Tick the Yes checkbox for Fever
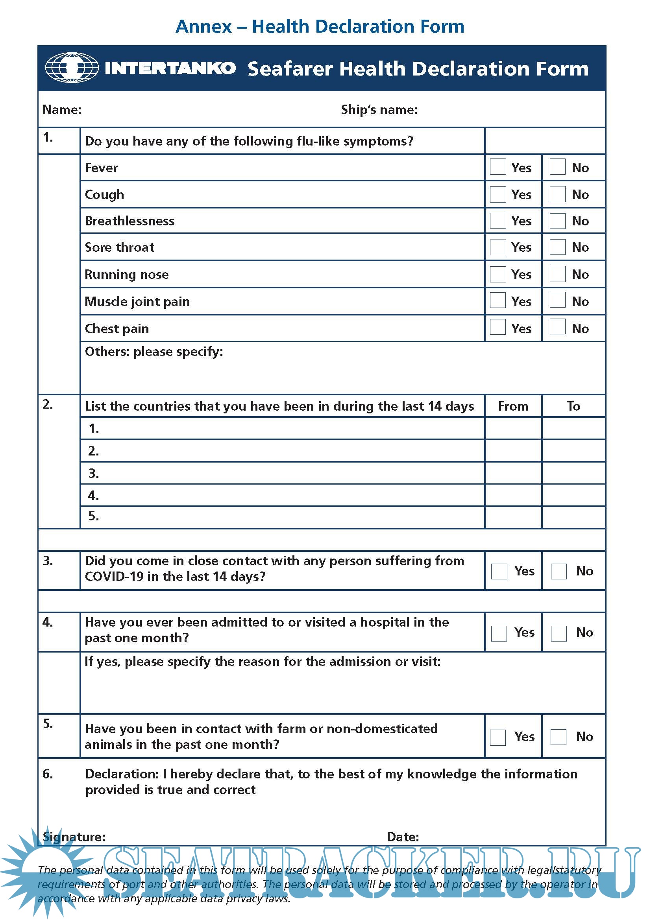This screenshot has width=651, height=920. coord(497,167)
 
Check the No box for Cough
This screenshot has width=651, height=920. coord(557,194)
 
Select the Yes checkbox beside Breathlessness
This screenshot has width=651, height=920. coord(497,220)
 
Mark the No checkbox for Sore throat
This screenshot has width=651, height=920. coord(557,247)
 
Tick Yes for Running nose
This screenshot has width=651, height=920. coord(497,274)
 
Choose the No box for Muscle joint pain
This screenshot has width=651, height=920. coord(557,300)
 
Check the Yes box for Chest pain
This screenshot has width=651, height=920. coord(497,327)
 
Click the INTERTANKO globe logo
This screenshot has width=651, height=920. coord(72,68)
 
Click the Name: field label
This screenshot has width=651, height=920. coord(62,109)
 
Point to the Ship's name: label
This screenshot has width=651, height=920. coord(379,109)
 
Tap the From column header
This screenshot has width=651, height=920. coord(513,406)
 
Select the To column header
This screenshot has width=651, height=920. coord(573,406)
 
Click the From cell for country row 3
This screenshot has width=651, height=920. coord(513,473)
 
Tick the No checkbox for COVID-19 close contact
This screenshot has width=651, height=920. coord(559,571)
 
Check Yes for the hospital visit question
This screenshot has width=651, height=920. coord(499,633)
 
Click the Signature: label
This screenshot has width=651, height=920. coord(74,837)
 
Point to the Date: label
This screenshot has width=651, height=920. coord(403,837)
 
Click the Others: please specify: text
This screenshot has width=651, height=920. coord(154,351)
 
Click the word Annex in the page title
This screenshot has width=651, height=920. coord(203,26)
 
